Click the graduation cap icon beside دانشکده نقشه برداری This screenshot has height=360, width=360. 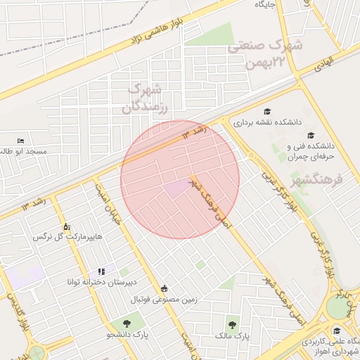(x=267, y=111)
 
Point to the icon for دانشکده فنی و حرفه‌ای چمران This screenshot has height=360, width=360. (x=310, y=135)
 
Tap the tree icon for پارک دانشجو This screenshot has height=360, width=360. (x=127, y=323)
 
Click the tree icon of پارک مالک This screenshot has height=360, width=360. (x=232, y=324)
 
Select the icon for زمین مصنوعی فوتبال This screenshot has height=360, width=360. (x=165, y=288)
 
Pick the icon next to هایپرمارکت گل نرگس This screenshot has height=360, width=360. (x=67, y=226)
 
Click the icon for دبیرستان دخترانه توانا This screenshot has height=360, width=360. (x=102, y=271)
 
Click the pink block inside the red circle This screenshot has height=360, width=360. (x=176, y=188)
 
